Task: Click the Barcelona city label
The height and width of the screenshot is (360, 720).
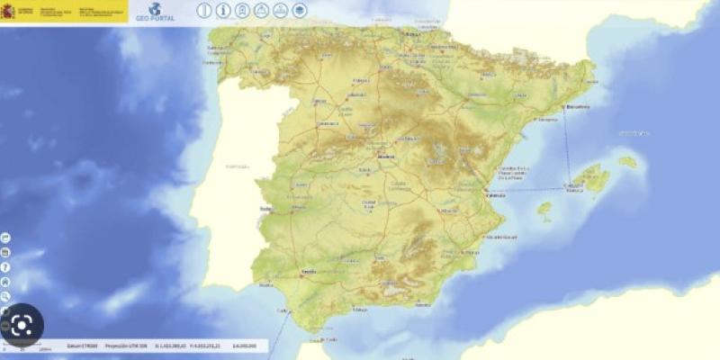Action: [x=578, y=106]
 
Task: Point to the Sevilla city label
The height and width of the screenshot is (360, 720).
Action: [x=308, y=270]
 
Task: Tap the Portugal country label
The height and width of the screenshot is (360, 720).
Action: [x=238, y=166]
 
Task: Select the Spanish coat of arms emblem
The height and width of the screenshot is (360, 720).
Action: [x=8, y=11]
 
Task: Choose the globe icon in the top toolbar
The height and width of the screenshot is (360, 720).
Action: [x=281, y=11]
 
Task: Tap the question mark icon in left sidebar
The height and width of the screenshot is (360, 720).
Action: [x=5, y=266]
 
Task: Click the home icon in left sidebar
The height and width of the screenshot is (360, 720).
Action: [x=5, y=281]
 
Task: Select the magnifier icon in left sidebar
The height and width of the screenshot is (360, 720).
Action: [x=5, y=295]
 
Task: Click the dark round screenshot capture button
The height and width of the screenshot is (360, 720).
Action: [x=22, y=326]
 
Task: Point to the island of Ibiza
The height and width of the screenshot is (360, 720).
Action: [x=544, y=209]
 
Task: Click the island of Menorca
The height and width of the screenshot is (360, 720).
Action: [x=627, y=162]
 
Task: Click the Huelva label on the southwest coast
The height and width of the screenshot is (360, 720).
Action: [x=265, y=285]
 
